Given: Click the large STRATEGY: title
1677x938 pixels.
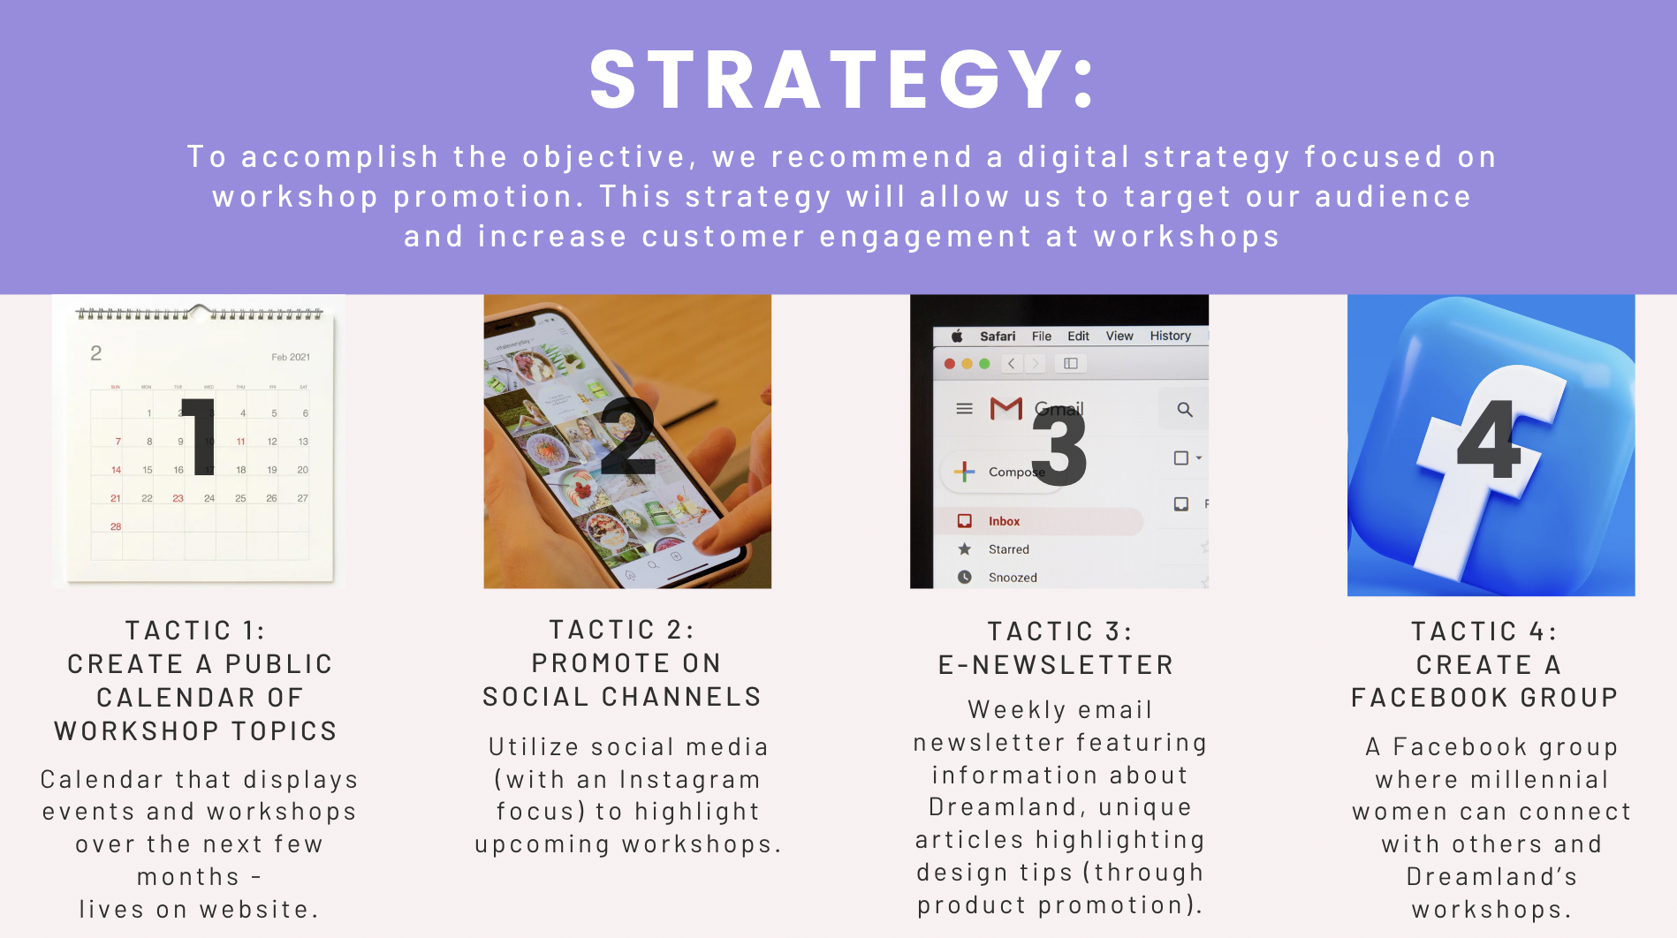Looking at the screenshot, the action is tap(843, 79).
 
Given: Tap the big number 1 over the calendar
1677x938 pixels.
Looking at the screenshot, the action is tap(200, 436).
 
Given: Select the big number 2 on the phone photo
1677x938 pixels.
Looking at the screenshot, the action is tap(627, 436).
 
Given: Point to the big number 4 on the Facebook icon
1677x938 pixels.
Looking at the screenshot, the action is tap(1489, 438).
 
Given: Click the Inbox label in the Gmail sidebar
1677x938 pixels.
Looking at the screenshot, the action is tap(1004, 521).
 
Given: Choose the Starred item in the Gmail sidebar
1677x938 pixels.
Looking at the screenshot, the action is tap(1008, 549).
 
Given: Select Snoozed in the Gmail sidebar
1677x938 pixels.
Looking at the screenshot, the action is tap(1013, 578).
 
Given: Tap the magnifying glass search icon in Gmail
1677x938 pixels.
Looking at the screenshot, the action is tap(1185, 410).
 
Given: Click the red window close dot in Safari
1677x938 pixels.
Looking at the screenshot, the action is tap(950, 364).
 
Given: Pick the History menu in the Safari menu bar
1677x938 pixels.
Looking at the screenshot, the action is tap(1170, 336).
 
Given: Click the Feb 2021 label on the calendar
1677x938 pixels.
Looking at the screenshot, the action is tap(291, 357).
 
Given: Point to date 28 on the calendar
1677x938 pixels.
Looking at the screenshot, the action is tap(116, 526).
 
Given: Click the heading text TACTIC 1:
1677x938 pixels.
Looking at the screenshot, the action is tap(195, 631).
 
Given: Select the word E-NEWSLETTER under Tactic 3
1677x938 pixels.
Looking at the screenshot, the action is tap(1056, 665).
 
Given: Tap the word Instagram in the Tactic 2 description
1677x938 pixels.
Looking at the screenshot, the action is tap(690, 780).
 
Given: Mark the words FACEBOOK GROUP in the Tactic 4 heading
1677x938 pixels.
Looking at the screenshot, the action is tap(1484, 698).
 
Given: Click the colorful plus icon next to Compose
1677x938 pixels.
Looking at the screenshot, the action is tap(965, 472).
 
